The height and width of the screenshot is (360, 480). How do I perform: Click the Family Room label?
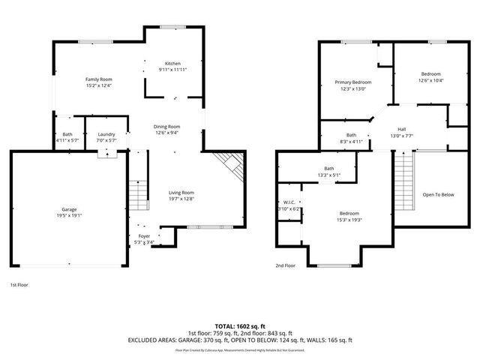98,79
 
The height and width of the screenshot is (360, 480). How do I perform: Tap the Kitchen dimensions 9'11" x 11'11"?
173,70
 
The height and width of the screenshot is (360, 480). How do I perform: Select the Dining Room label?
167,127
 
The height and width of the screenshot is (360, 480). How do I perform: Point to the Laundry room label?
106,135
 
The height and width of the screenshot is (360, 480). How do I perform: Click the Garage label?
70,208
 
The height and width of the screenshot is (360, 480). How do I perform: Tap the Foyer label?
144,235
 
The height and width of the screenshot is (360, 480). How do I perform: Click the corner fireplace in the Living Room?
228,165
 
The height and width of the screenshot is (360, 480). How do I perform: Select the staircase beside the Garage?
136,196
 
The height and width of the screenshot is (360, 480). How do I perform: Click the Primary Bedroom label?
352,82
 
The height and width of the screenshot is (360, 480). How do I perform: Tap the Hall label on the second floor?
401,129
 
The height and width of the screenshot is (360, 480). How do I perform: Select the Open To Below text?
439,195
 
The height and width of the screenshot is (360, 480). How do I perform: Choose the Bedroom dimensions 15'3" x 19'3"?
348,220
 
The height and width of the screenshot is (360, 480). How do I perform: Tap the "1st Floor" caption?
19,285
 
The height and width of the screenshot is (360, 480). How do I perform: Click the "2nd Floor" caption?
285,265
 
